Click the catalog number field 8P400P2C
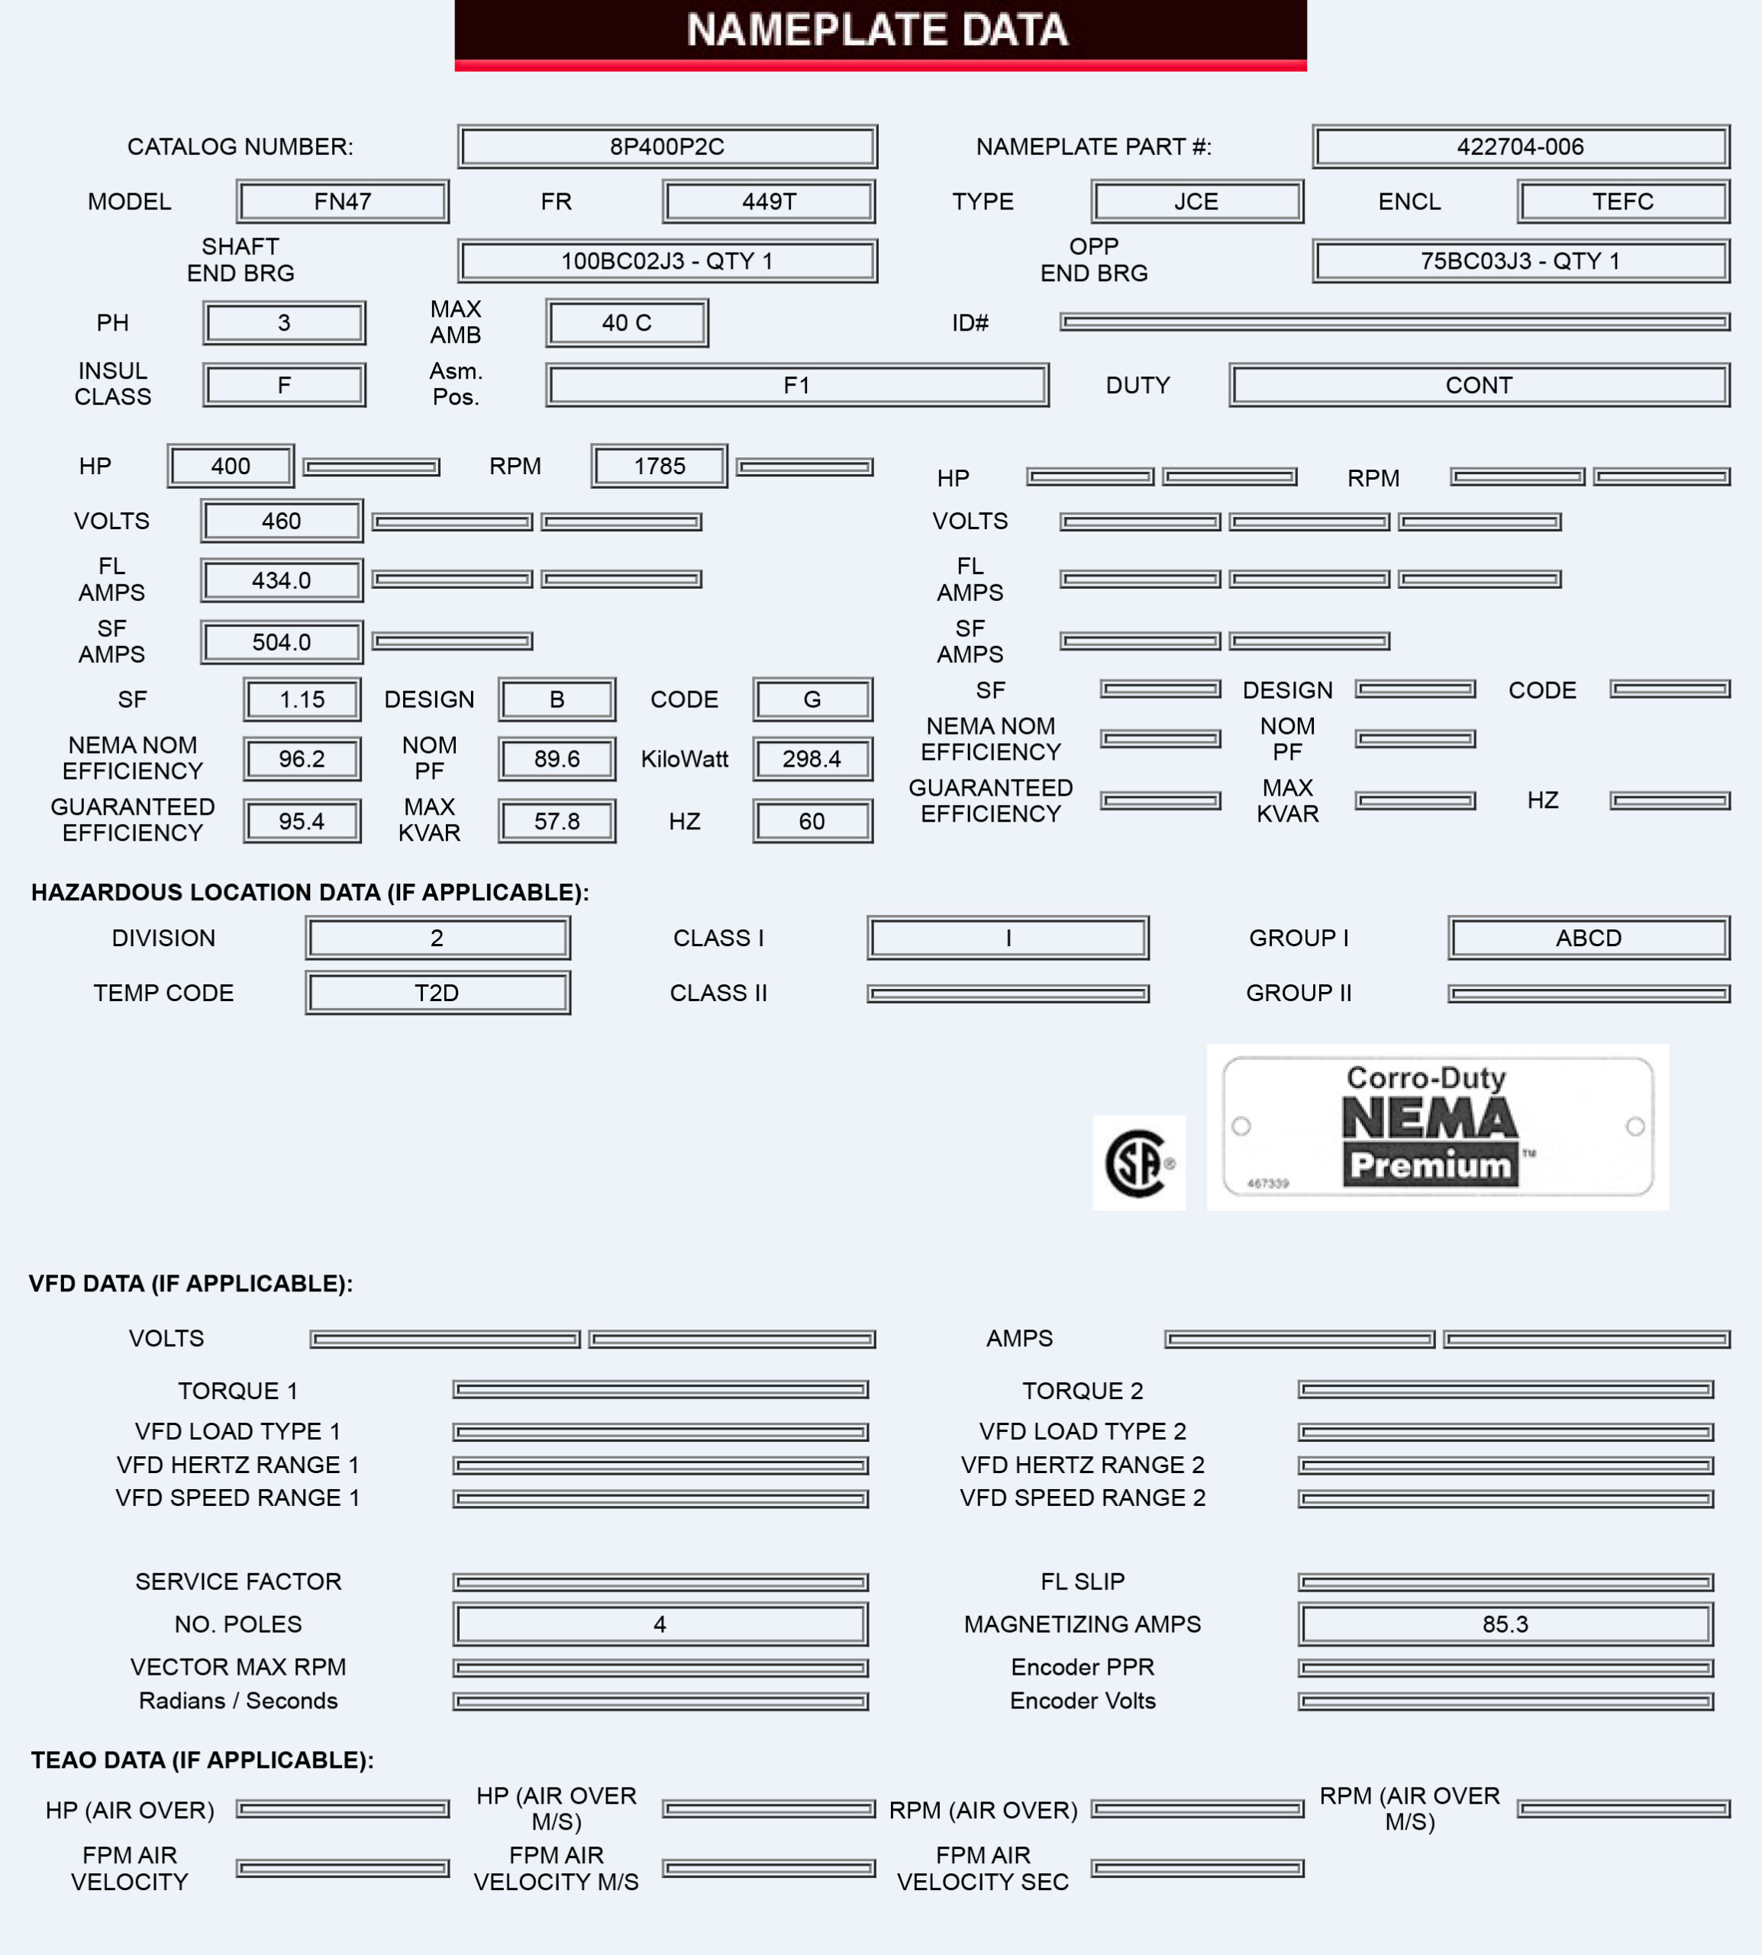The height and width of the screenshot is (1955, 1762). click(x=667, y=146)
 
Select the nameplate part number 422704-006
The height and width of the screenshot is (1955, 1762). click(x=1520, y=146)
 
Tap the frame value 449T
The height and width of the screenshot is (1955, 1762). click(x=769, y=202)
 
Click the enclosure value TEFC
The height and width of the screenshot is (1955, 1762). click(x=1622, y=202)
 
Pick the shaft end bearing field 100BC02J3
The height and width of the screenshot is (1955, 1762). click(x=667, y=261)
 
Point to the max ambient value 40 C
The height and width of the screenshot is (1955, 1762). click(x=626, y=322)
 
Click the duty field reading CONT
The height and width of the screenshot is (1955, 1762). click(x=1478, y=386)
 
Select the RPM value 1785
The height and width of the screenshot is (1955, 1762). click(x=660, y=466)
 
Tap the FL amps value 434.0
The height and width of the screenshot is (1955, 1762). click(x=282, y=580)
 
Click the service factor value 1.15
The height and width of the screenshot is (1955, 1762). click(x=302, y=699)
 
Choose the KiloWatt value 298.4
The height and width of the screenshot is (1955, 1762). click(x=812, y=759)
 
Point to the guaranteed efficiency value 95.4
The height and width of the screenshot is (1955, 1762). click(x=302, y=821)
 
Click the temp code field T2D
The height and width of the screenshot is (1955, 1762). click(x=437, y=993)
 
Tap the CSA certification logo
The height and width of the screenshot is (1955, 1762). click(x=1138, y=1163)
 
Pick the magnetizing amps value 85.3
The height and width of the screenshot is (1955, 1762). click(x=1505, y=1624)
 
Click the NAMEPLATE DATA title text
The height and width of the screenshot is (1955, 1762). click(x=877, y=30)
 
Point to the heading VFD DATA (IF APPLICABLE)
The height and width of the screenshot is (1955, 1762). click(x=191, y=1283)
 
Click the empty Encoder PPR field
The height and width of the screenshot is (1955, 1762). click(x=1505, y=1667)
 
